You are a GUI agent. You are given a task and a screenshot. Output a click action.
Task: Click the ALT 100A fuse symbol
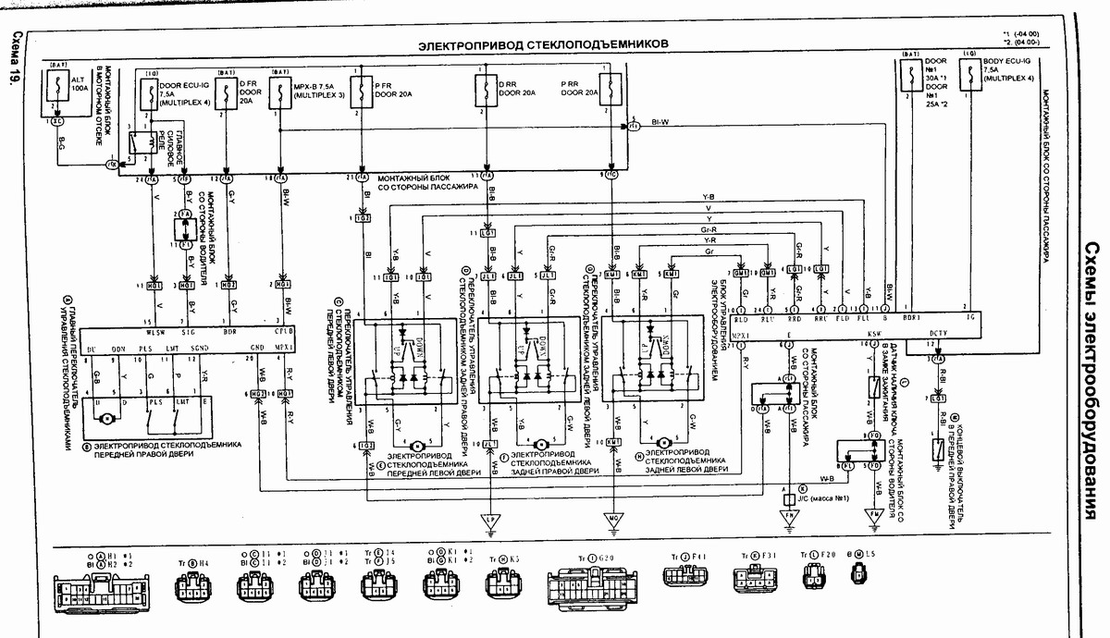click(x=57, y=91)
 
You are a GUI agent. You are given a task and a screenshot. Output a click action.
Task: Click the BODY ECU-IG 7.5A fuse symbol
click(x=967, y=82)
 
